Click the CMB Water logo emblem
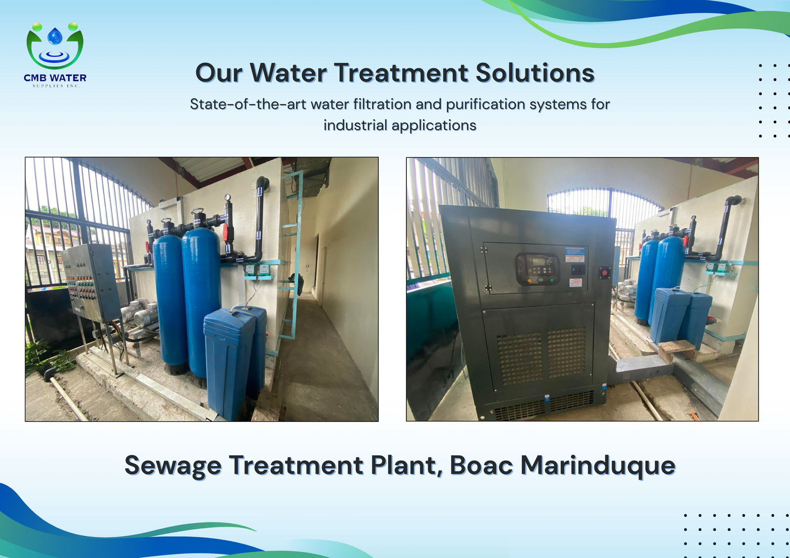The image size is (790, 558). coord(55,46)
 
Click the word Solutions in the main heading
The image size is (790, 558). coord(535,73)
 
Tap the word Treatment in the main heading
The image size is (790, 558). coord(401,73)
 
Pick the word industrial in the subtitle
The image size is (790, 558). coord(355,125)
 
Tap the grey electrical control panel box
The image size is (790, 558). coord(91,282)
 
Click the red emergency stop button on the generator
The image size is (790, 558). coord(604,273)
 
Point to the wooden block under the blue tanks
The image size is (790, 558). coord(676,350)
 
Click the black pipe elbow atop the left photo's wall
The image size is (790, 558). coord(263,183)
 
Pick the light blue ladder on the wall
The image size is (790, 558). coord(291,254)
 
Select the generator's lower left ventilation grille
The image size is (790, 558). coord(519,358)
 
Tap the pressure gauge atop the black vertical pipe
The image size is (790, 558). coord(228,197)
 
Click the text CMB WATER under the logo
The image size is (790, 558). coord(55,77)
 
